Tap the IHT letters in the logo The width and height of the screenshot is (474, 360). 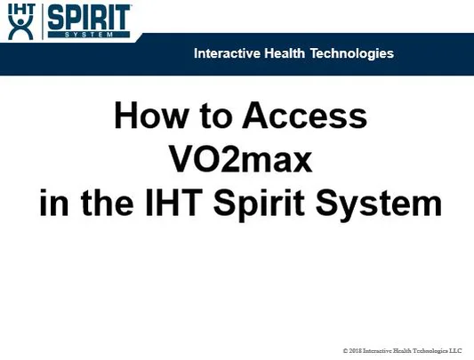click(20, 8)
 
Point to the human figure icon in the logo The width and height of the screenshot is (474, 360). click(20, 27)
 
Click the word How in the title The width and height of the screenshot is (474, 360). click(146, 117)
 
